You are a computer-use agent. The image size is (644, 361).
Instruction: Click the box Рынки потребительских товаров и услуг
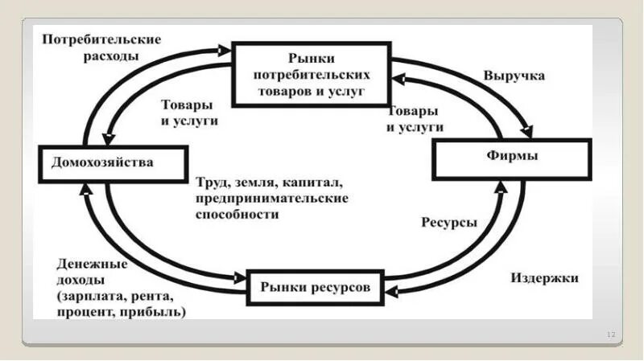pos(311,76)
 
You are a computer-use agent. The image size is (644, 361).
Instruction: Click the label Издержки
pos(544,278)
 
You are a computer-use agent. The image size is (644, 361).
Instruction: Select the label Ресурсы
pos(448,222)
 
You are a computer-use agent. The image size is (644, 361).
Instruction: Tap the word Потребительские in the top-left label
pos(102,39)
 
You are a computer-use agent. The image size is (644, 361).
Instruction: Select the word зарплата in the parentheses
pos(89,296)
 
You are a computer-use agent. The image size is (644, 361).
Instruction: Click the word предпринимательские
pos(270,198)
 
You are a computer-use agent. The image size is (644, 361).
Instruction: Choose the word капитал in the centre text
pos(313,182)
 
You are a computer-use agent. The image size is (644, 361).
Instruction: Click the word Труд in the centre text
pos(211,182)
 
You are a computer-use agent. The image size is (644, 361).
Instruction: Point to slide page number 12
pos(609,334)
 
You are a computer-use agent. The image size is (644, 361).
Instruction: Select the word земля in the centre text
pos(254,182)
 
